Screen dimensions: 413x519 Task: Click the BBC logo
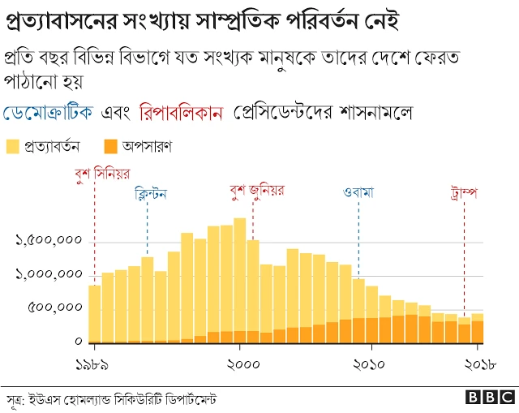(491, 398)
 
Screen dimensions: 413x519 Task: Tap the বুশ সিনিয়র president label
(101, 174)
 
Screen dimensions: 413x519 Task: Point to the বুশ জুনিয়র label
(257, 191)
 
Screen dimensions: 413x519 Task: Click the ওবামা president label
(358, 195)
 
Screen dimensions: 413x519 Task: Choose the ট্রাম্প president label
(465, 195)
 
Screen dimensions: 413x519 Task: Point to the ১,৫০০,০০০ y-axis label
(49, 241)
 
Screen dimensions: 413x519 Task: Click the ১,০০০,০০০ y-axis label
(49, 275)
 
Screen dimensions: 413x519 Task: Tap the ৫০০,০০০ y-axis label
(56, 308)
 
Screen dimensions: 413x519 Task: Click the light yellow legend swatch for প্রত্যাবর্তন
(13, 147)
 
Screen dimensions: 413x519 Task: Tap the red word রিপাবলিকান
(182, 112)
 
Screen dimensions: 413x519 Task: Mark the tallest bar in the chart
(240, 280)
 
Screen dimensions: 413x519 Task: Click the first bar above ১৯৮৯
(95, 314)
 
